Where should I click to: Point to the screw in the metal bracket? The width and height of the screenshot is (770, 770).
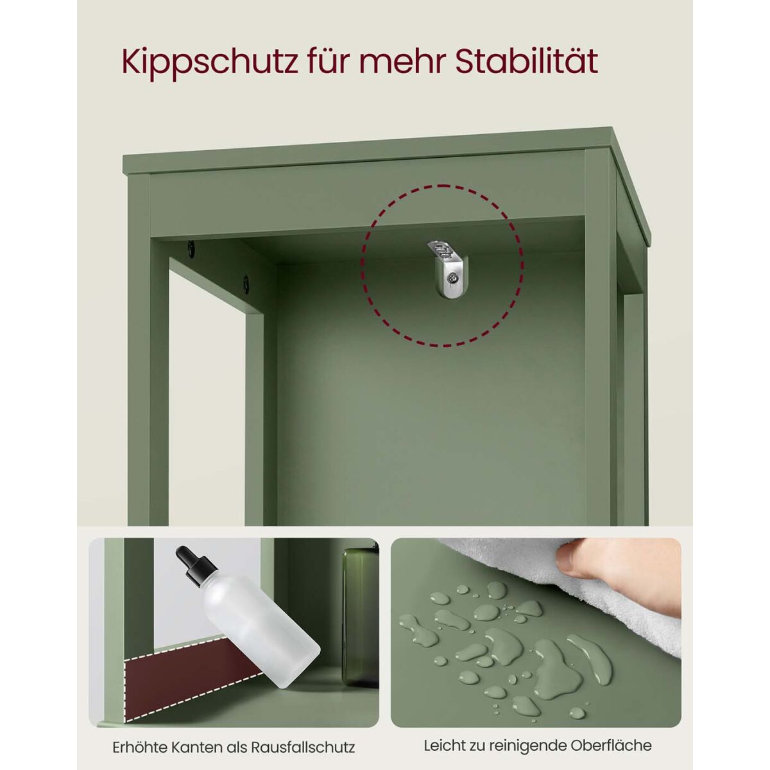pyautogui.click(x=454, y=276)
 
